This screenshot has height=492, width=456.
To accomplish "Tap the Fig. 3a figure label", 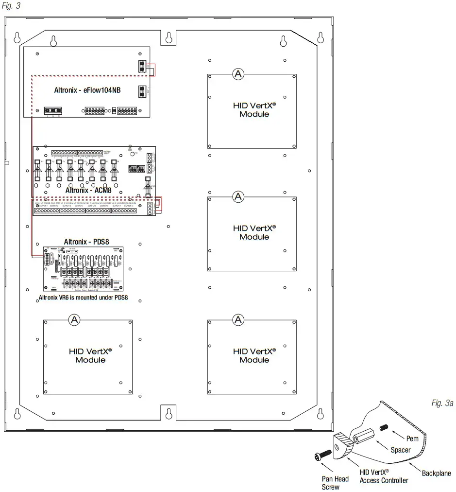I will [x=441, y=403].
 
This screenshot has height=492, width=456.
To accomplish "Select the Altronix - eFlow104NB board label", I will [x=87, y=90].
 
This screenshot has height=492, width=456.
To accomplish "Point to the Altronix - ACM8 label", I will [x=88, y=190].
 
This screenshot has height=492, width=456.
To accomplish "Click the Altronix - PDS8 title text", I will [x=85, y=242].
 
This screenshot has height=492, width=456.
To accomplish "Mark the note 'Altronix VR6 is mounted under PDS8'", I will [x=83, y=298].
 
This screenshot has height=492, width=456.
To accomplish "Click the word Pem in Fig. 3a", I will [x=412, y=439].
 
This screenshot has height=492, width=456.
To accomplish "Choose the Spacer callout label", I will [x=400, y=450].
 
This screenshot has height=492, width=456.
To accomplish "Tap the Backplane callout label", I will [x=436, y=473].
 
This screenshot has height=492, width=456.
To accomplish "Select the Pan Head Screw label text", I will [x=335, y=483].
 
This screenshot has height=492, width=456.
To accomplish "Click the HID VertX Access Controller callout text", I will [x=384, y=476].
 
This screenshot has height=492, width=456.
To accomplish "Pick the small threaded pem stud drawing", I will [x=384, y=427].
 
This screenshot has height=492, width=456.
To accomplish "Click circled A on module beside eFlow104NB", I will [x=238, y=74].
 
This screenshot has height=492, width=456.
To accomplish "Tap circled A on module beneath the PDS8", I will [x=74, y=319].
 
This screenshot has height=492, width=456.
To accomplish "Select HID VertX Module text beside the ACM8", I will [x=254, y=232].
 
